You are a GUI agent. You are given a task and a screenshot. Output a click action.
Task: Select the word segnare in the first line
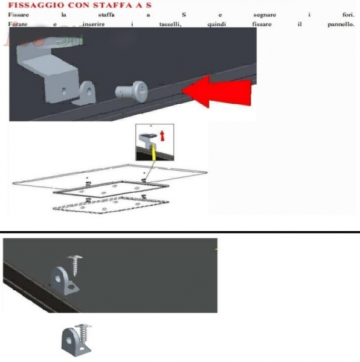265,15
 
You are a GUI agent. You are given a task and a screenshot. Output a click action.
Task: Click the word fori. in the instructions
348,14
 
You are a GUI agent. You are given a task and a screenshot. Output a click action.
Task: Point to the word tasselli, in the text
170,24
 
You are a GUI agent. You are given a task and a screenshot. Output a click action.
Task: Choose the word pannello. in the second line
341,25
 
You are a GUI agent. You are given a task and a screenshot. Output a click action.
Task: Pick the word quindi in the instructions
216,25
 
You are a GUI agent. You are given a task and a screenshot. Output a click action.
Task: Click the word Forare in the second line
18,24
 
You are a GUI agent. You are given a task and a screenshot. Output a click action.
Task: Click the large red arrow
217,92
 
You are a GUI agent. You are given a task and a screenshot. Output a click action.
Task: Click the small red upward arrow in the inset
162,136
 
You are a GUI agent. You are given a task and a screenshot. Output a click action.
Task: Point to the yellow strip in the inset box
153,151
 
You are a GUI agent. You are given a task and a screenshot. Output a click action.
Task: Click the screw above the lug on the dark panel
75,265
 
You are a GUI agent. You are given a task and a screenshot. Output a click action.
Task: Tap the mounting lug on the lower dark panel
63,281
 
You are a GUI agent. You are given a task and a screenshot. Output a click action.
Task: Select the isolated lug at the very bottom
74,342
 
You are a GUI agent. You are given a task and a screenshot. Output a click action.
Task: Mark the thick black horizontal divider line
180,232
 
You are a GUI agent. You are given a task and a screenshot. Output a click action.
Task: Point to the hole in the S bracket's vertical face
64,91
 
